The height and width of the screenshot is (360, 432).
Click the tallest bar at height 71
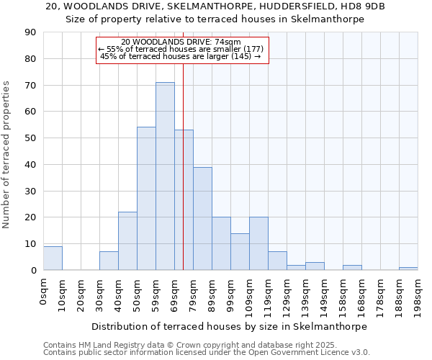click(x=165, y=176)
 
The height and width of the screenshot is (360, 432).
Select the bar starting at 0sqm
click(x=53, y=258)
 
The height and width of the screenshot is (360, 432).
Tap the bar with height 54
click(x=146, y=199)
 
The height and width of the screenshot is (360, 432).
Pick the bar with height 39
click(x=202, y=218)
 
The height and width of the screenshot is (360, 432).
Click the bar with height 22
click(x=127, y=241)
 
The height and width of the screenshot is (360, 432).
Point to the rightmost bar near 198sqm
click(x=408, y=269)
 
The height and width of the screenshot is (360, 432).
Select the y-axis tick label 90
click(x=31, y=32)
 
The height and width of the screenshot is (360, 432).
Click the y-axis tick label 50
click(x=31, y=138)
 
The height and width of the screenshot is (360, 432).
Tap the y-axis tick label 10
click(x=31, y=244)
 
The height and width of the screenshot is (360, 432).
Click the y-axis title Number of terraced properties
click(x=7, y=155)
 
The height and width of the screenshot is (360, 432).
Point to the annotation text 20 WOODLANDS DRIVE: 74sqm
click(x=181, y=42)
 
